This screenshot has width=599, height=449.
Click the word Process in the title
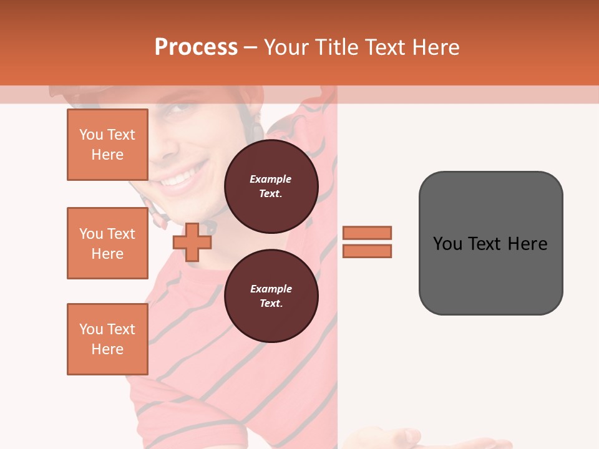[196, 47]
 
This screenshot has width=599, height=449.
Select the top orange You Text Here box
[107, 145]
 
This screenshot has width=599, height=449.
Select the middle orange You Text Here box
[107, 243]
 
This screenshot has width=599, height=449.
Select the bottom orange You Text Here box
[107, 339]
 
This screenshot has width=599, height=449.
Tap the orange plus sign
[192, 242]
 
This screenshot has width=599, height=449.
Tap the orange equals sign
[367, 242]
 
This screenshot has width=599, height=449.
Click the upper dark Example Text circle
[271, 186]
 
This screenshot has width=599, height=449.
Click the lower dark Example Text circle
[271, 296]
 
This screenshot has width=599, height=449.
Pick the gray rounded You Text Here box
[490, 243]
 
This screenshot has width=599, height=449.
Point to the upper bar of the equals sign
[367, 233]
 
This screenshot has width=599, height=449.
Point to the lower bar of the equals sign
[367, 251]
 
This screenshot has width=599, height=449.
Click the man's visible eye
[178, 105]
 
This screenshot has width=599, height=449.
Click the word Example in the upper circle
[271, 179]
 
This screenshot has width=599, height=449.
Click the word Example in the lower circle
[271, 289]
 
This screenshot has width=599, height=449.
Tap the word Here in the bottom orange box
[107, 349]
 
